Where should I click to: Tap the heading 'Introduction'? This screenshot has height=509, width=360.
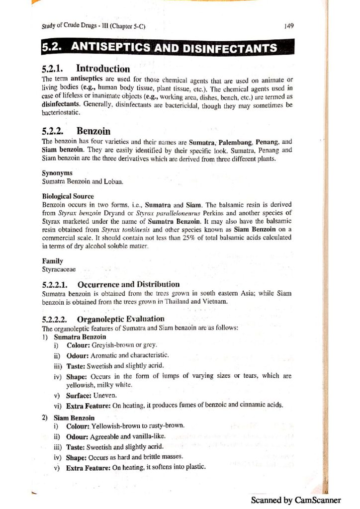[x=103, y=69]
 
